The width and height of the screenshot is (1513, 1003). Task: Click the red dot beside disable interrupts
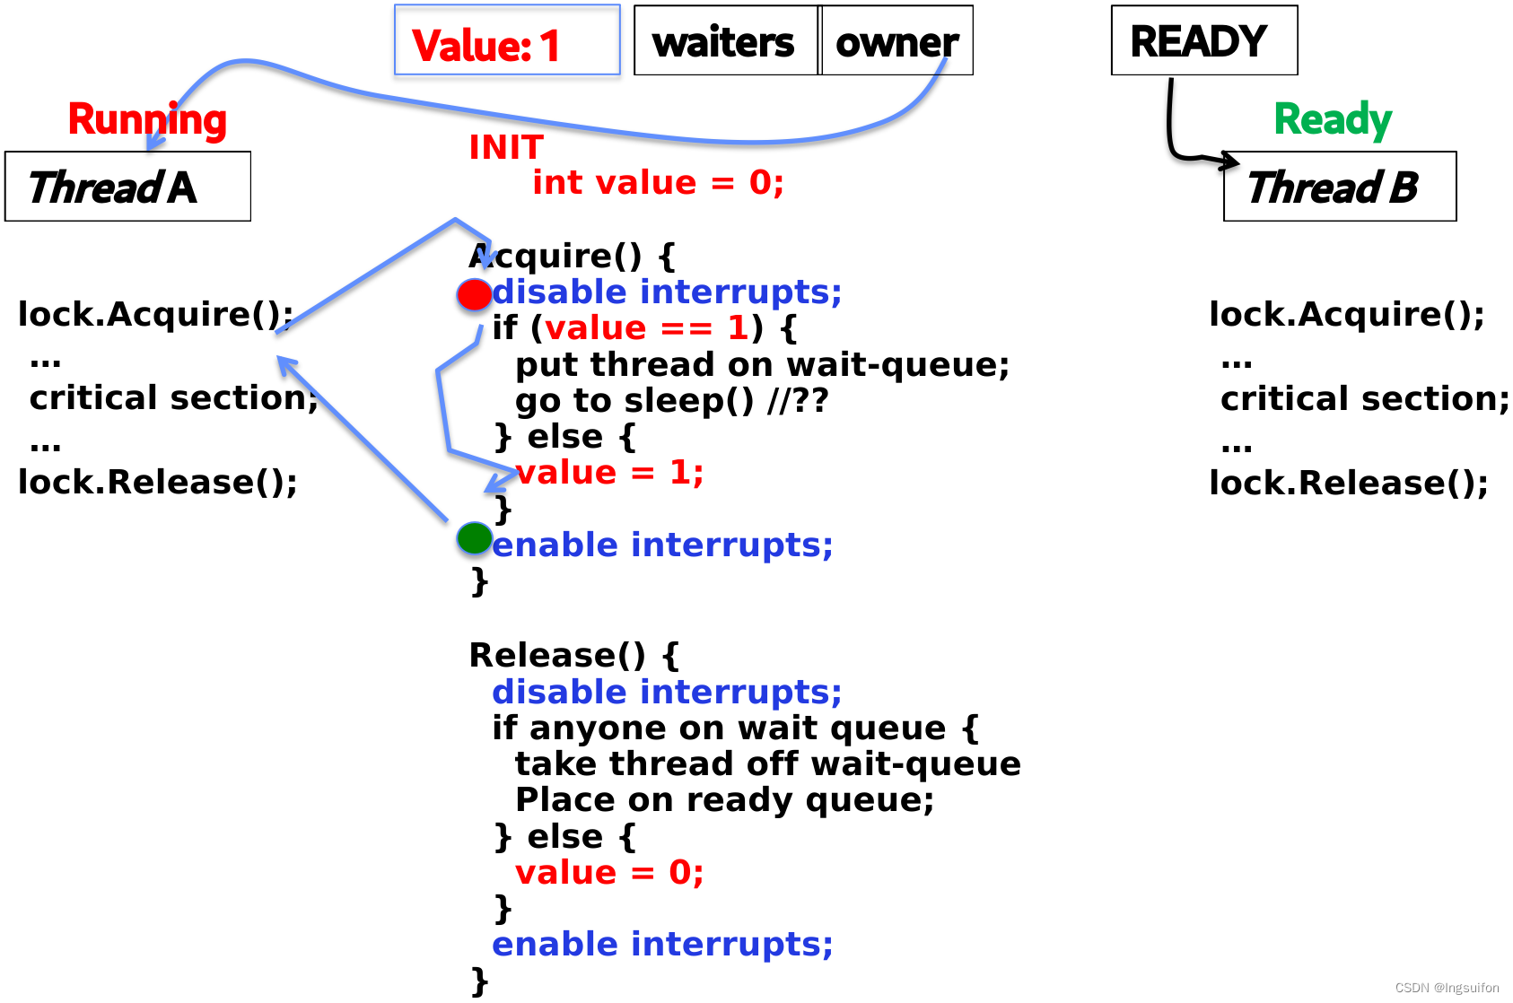click(x=474, y=294)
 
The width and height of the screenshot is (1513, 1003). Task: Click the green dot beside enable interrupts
click(x=474, y=538)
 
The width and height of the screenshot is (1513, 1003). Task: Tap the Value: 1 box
click(x=507, y=39)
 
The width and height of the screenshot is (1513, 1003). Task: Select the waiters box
click(x=726, y=39)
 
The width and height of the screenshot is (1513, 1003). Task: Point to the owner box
click(x=896, y=39)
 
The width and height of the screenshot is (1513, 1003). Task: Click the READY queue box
click(x=1204, y=39)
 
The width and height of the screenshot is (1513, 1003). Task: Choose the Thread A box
click(x=127, y=187)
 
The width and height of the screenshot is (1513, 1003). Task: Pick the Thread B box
click(x=1340, y=187)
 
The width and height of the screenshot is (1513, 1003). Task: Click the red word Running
click(x=147, y=120)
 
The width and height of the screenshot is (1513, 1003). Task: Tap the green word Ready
click(x=1333, y=120)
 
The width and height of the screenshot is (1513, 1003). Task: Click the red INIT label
click(x=506, y=147)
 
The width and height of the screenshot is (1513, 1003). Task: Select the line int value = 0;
click(x=658, y=182)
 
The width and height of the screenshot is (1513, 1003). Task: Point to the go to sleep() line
click(x=671, y=400)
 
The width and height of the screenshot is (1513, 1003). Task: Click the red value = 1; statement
click(x=609, y=472)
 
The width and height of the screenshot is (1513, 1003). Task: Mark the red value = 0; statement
click(x=609, y=872)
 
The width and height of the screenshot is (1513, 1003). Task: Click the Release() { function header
click(x=573, y=655)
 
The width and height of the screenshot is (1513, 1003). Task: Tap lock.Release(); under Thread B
click(x=1348, y=483)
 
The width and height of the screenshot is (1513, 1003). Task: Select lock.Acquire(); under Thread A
click(x=155, y=315)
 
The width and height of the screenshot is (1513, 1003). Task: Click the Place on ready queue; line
click(x=724, y=800)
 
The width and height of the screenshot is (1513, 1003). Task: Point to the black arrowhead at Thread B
click(x=1230, y=161)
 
